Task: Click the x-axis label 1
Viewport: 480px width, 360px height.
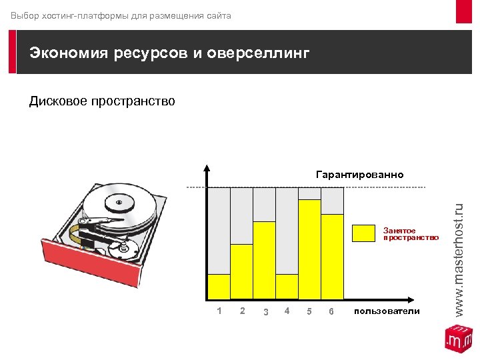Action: (219, 311)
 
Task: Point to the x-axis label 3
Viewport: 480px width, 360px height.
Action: (265, 312)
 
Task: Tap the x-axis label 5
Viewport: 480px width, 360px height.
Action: (309, 312)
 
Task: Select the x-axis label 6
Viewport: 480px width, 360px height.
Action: (331, 312)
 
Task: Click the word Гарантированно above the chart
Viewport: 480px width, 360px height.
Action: (359, 175)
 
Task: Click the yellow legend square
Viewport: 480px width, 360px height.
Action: (363, 233)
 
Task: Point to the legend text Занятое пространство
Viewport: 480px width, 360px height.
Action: (411, 233)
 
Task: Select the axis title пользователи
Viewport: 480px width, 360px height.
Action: (387, 311)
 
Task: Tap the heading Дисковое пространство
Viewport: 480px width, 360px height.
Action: (102, 101)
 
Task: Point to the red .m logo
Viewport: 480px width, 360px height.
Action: (459, 339)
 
